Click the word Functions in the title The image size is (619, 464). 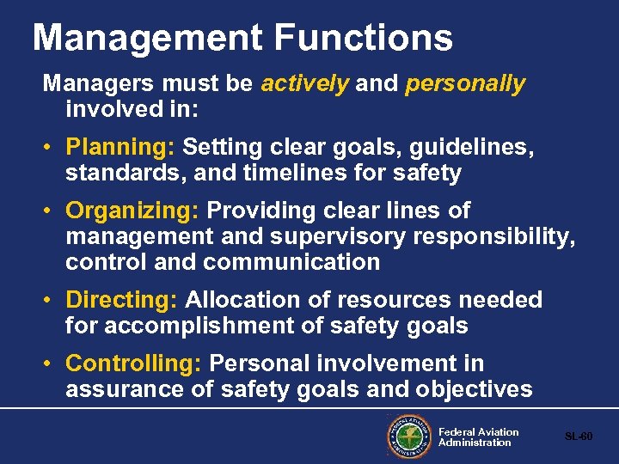coord(365,38)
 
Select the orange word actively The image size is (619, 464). coord(305,83)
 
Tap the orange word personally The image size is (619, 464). coord(465,84)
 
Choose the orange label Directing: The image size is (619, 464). coord(121,300)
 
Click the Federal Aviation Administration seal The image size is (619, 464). coord(409,437)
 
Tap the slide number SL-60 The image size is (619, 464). coord(579,437)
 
